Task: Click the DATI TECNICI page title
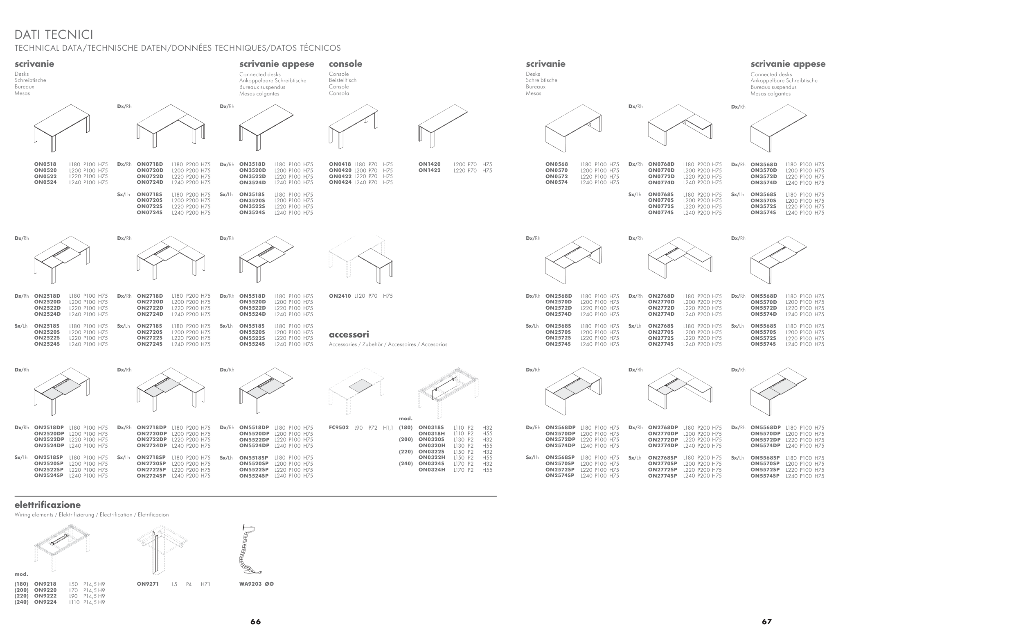pyautogui.click(x=54, y=34)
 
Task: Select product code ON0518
pyautogui.click(x=45, y=164)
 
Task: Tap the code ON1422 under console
pyautogui.click(x=429, y=171)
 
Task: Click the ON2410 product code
pyautogui.click(x=340, y=296)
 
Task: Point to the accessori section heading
pyautogui.click(x=349, y=335)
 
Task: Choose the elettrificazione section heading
pyautogui.click(x=47, y=505)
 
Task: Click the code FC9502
pyautogui.click(x=339, y=428)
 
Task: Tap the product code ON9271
pyautogui.click(x=148, y=584)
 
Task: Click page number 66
pyautogui.click(x=255, y=622)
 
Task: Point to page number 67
pyautogui.click(x=766, y=622)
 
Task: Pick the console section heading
pyautogui.click(x=346, y=64)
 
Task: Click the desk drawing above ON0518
pyautogui.click(x=61, y=128)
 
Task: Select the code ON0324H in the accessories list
pyautogui.click(x=432, y=470)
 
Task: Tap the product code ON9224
pyautogui.click(x=45, y=602)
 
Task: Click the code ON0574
pyautogui.click(x=557, y=182)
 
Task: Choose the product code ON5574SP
pyautogui.click(x=765, y=476)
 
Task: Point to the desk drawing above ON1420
pyautogui.click(x=443, y=126)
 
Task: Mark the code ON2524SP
pyautogui.click(x=49, y=476)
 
